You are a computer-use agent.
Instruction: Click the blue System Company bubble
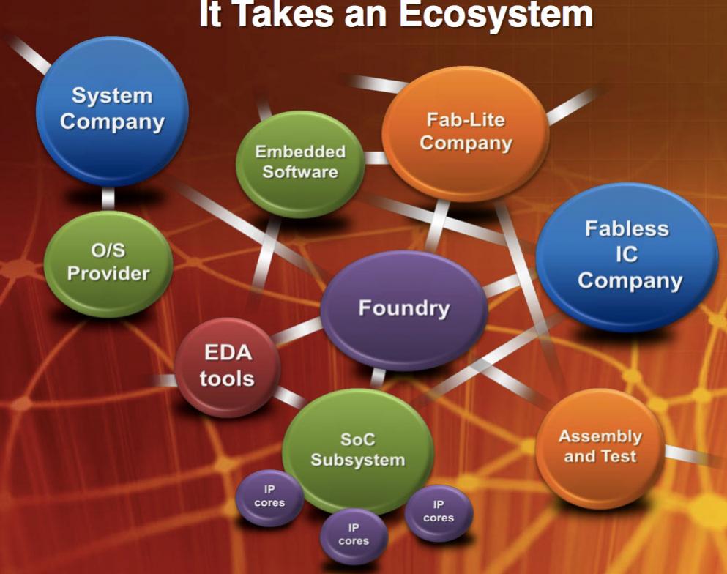coord(112,111)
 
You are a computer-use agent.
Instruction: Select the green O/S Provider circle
coord(108,264)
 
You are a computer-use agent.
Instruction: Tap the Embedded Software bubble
coord(300,164)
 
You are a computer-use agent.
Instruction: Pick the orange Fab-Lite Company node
coord(466,133)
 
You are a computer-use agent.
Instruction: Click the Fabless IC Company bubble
coord(627,256)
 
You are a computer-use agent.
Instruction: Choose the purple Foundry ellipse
coord(404,310)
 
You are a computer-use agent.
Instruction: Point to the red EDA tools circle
coord(227,367)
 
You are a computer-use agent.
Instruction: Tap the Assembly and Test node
coord(600,447)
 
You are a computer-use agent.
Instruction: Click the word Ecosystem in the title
coord(496,14)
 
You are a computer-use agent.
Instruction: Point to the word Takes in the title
coord(284,14)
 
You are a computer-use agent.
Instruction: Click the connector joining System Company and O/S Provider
coord(108,199)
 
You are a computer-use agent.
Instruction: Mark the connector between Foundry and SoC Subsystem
coord(379,379)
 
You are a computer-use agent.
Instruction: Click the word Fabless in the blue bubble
coord(627,229)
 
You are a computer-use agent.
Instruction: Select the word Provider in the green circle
coord(108,274)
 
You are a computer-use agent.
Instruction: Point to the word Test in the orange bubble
coord(619,457)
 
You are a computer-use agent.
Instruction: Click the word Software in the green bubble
coord(300,172)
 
